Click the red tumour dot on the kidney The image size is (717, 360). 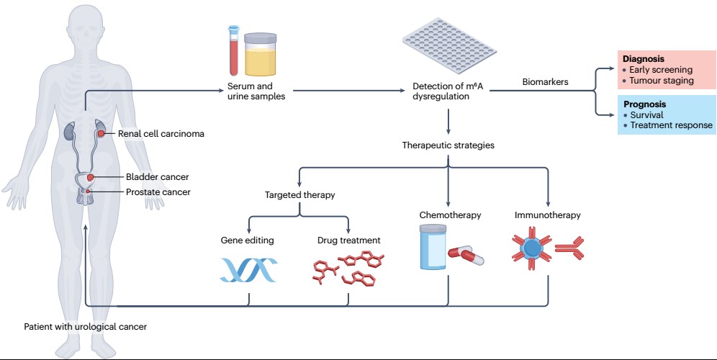click(102, 133)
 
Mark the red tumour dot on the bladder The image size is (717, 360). click(91, 177)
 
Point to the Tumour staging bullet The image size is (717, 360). click(662, 81)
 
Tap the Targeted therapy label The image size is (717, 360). click(299, 195)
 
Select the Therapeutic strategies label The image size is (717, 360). click(448, 145)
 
